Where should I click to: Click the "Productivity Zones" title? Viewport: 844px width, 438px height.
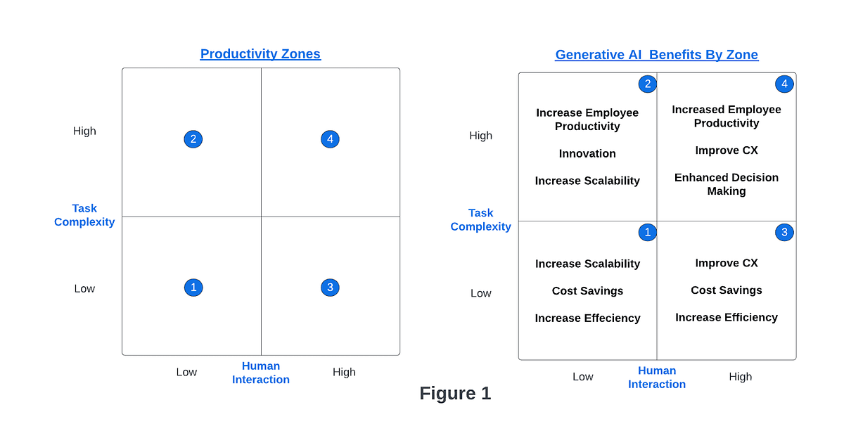pyautogui.click(x=260, y=54)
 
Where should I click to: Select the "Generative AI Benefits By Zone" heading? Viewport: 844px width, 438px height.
pyautogui.click(x=656, y=55)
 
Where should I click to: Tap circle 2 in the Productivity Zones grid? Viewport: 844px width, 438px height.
pyautogui.click(x=193, y=139)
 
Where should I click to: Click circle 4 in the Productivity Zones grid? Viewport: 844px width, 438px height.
pyautogui.click(x=330, y=139)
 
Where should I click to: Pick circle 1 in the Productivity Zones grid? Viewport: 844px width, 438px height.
pyautogui.click(x=193, y=287)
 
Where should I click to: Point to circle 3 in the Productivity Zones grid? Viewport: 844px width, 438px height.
pyautogui.click(x=330, y=287)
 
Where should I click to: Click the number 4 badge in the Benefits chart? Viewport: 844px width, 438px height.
pyautogui.click(x=784, y=84)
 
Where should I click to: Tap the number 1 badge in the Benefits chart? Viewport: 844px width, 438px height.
pyautogui.click(x=647, y=233)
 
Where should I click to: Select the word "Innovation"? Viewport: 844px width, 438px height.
pyautogui.click(x=587, y=153)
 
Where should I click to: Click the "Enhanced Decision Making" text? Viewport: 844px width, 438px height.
pyautogui.click(x=727, y=184)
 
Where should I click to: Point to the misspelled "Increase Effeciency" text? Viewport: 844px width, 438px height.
pyautogui.click(x=587, y=318)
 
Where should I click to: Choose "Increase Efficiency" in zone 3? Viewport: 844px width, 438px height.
pyautogui.click(x=727, y=318)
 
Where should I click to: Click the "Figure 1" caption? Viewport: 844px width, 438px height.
pyautogui.click(x=455, y=394)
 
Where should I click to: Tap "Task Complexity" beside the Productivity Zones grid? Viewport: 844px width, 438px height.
pyautogui.click(x=84, y=215)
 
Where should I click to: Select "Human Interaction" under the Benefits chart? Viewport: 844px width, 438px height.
pyautogui.click(x=656, y=378)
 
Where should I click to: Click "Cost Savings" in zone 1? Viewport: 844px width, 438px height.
pyautogui.click(x=587, y=291)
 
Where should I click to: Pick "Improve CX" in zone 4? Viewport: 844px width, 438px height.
pyautogui.click(x=727, y=150)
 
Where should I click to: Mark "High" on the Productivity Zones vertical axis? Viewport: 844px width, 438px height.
pyautogui.click(x=84, y=131)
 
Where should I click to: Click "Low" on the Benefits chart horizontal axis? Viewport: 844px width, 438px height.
pyautogui.click(x=582, y=377)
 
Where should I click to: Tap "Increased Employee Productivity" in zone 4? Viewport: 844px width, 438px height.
pyautogui.click(x=727, y=116)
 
